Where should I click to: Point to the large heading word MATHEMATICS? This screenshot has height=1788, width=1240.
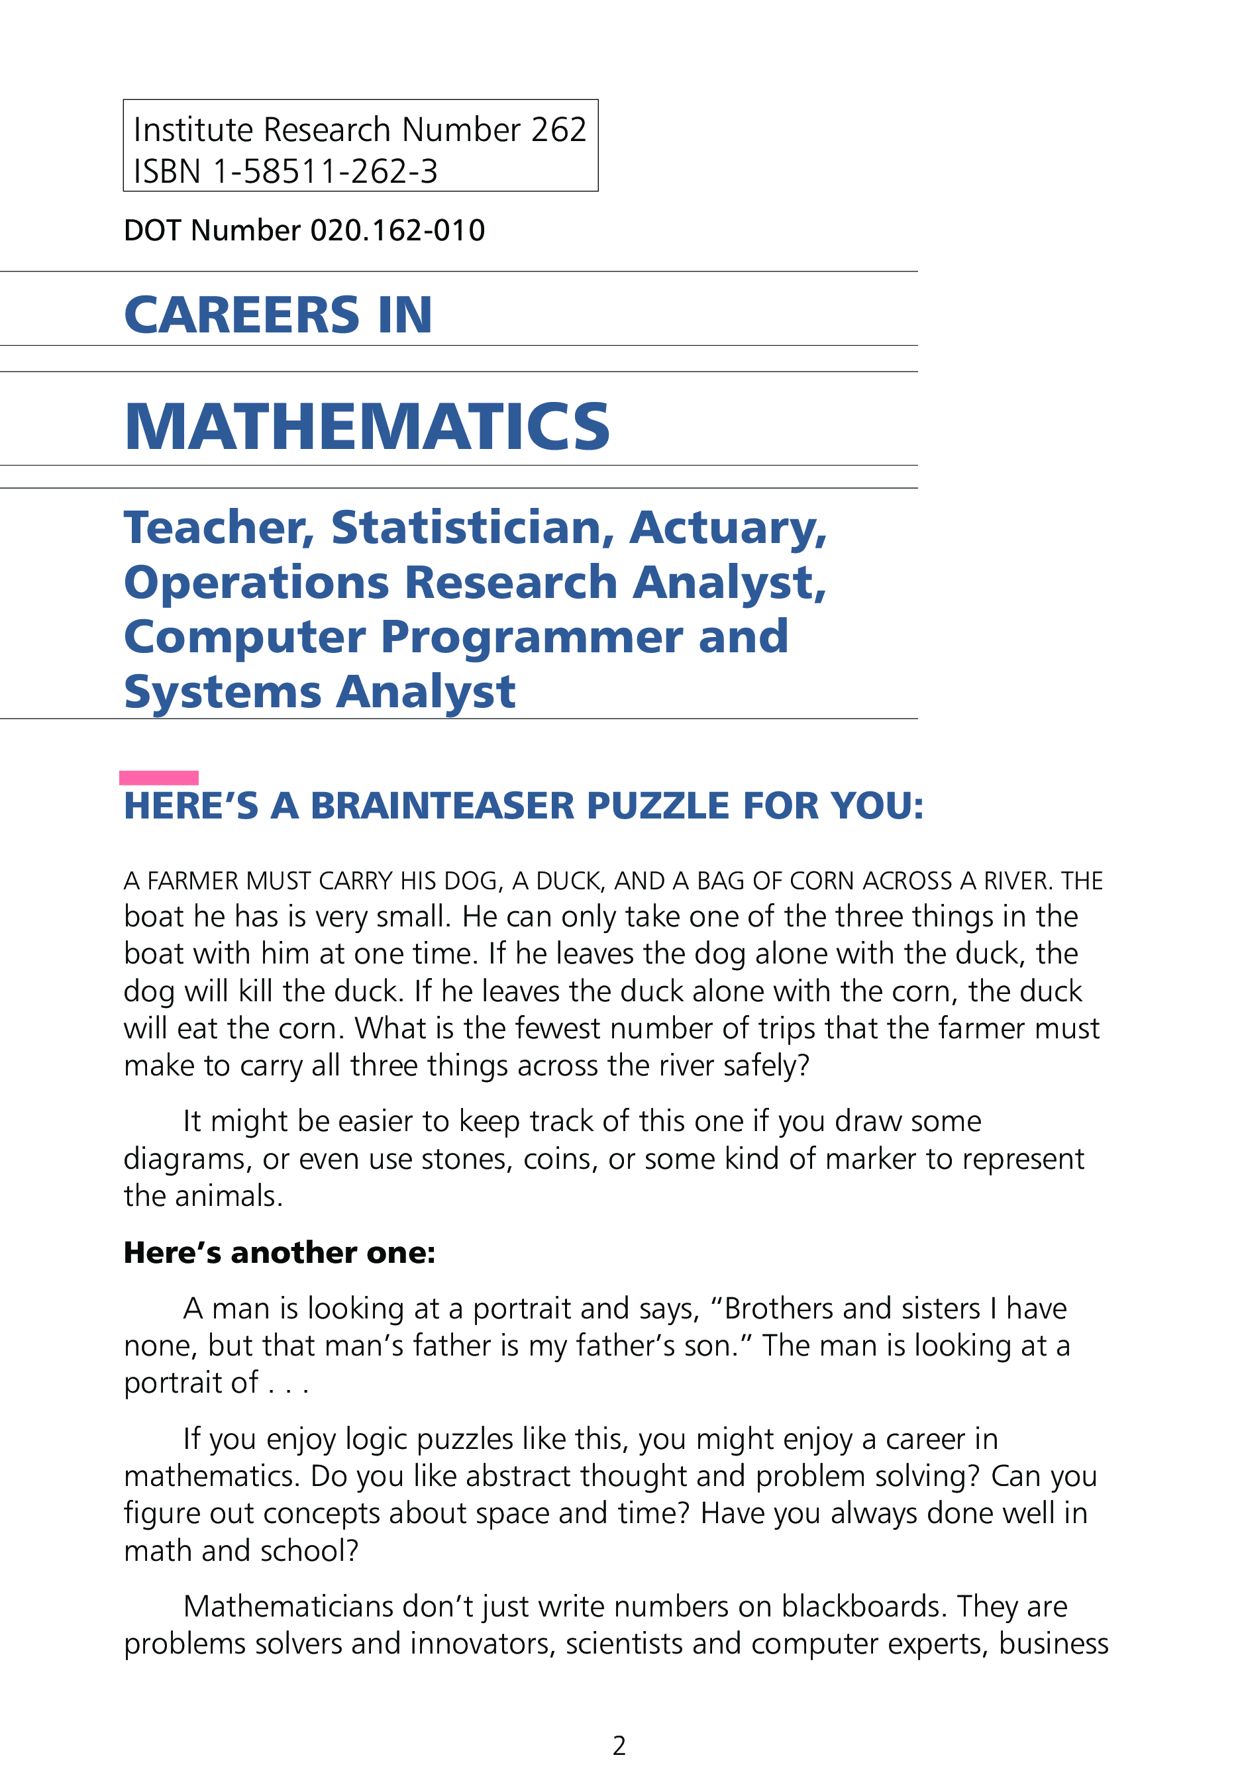click(x=367, y=426)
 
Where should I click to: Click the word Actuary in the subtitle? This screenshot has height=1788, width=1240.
click(x=727, y=528)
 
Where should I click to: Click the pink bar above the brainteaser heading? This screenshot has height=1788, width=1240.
click(x=158, y=777)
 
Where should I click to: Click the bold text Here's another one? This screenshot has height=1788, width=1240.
click(x=280, y=1253)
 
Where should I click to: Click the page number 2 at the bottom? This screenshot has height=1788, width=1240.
click(x=619, y=1745)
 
